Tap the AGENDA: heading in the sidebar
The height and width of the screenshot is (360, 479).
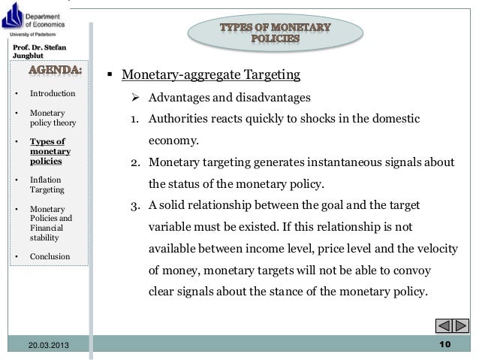[x=53, y=71]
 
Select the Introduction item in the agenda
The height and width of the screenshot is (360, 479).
[x=52, y=94]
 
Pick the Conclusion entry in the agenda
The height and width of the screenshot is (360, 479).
[x=50, y=256]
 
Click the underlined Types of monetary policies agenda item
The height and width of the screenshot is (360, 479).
[x=47, y=151]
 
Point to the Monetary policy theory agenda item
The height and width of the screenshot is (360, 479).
[x=48, y=118]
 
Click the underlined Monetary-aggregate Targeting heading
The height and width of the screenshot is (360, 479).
[x=211, y=75]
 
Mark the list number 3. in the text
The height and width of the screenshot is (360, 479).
[x=136, y=204]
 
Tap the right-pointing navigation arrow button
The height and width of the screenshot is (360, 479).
[x=461, y=326]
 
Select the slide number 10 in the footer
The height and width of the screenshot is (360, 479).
[x=443, y=344]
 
